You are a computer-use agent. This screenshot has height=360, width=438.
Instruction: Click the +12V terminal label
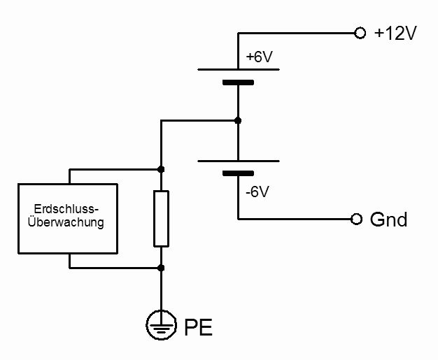[x=396, y=33]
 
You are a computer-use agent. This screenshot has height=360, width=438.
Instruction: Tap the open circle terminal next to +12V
[x=360, y=33]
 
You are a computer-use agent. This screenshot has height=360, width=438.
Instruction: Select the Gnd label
[x=389, y=219]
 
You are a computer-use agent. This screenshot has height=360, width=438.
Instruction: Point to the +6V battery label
[x=259, y=58]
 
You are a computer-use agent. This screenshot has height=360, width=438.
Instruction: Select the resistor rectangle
[x=161, y=218]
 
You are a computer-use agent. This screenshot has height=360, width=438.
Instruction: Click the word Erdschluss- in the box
[x=68, y=210]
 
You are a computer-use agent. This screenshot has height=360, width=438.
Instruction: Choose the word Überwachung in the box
[x=68, y=223]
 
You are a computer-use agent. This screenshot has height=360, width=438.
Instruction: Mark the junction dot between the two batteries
[x=238, y=120]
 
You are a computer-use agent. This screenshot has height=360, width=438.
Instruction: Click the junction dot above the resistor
[x=161, y=169]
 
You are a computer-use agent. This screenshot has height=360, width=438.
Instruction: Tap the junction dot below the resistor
[x=161, y=268]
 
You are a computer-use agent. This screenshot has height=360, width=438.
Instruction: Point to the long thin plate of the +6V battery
[x=238, y=70]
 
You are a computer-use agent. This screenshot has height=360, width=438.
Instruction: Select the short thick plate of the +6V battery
[x=238, y=83]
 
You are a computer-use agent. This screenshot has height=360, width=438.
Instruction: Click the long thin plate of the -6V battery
[x=238, y=160]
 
